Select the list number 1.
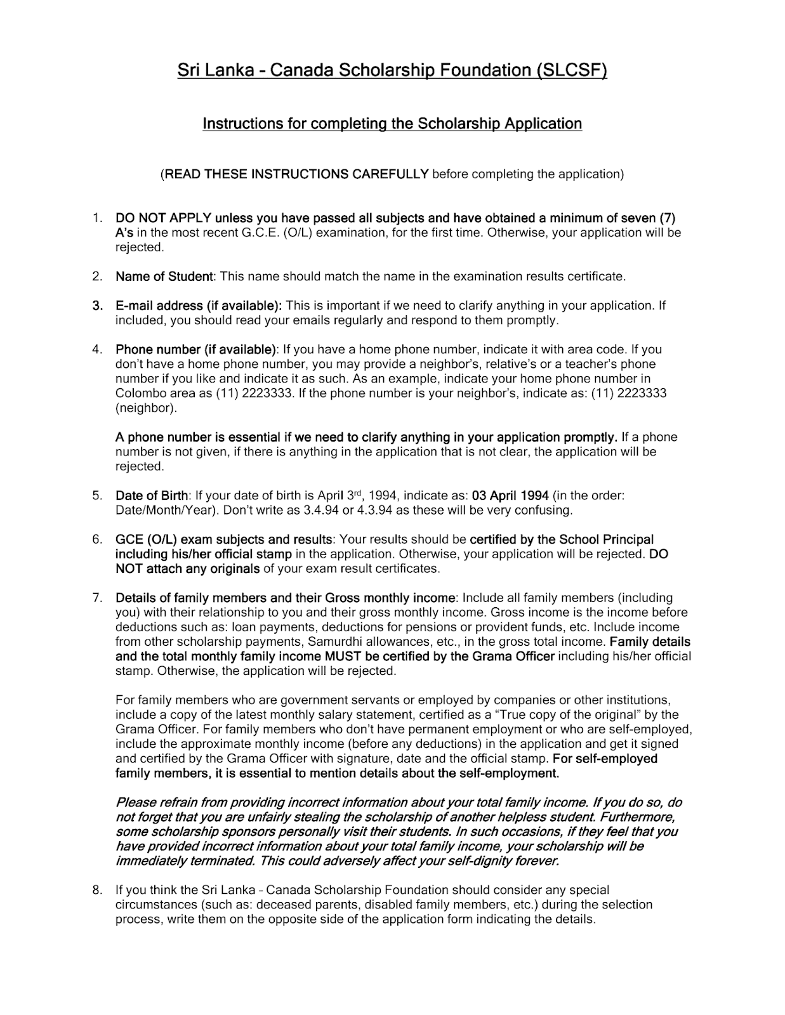click(x=97, y=218)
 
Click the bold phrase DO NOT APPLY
click(x=163, y=218)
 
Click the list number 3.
click(x=97, y=306)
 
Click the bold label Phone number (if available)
click(x=195, y=350)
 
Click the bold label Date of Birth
click(x=152, y=495)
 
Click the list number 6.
click(x=97, y=540)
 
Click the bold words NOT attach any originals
click(x=187, y=569)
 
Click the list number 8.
click(x=97, y=891)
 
